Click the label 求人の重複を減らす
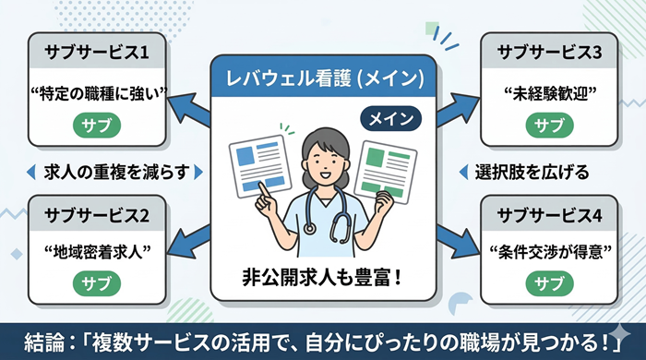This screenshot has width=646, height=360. (x=110, y=172)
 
